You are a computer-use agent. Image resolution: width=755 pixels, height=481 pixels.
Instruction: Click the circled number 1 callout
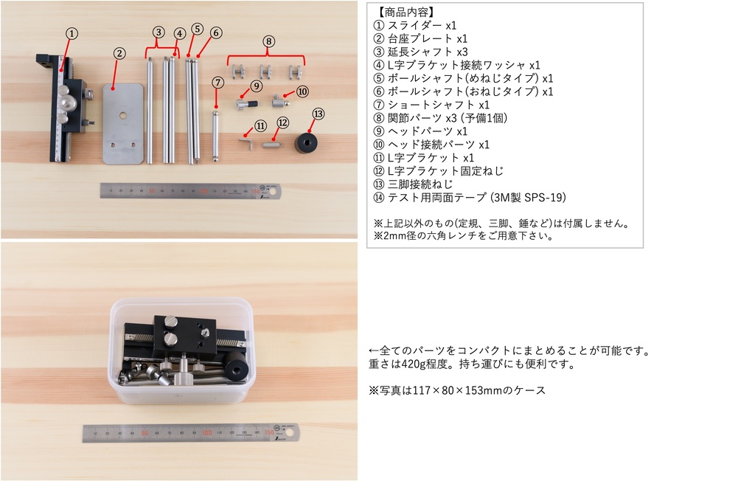pos(72,34)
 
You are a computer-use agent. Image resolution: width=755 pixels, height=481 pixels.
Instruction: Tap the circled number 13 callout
pos(319,114)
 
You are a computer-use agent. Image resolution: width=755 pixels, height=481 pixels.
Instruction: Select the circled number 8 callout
pos(268,41)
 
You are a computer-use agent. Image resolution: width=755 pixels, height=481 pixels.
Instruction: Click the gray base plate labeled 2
pos(123,124)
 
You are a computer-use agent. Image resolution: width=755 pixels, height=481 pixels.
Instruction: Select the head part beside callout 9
pos(246,103)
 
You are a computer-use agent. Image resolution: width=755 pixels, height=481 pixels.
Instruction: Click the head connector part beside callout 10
pos(280,101)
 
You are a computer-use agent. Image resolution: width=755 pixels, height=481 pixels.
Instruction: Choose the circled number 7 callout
pos(218,83)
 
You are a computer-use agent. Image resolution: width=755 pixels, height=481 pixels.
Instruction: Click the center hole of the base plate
pos(123,116)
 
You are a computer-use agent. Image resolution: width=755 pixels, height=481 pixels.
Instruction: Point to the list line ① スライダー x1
pos(414,26)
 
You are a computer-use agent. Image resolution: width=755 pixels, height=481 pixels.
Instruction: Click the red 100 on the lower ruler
pos(206,433)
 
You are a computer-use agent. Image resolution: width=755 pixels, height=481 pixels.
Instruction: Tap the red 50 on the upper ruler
pos(152,191)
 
